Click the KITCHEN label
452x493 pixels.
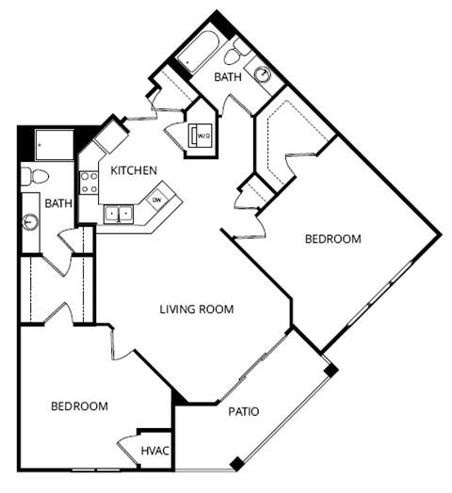pyautogui.click(x=134, y=170)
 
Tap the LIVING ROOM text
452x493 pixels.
pyautogui.click(x=196, y=310)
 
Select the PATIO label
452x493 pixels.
pyautogui.click(x=243, y=411)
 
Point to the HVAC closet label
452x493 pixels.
pyautogui.click(x=154, y=452)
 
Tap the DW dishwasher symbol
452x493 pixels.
pyautogui.click(x=157, y=200)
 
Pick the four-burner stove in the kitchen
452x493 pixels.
pyautogui.click(x=89, y=182)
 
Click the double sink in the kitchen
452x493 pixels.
pyautogui.click(x=118, y=214)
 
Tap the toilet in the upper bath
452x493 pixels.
pyautogui.click(x=240, y=50)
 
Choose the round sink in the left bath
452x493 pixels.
pyautogui.click(x=30, y=223)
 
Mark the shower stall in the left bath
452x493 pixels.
pyautogui.click(x=52, y=143)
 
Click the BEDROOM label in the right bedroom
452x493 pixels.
pyautogui.click(x=332, y=240)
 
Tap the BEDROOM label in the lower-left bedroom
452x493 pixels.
pyautogui.click(x=79, y=406)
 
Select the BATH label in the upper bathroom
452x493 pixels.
pyautogui.click(x=227, y=77)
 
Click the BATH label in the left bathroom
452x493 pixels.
pyautogui.click(x=58, y=202)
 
